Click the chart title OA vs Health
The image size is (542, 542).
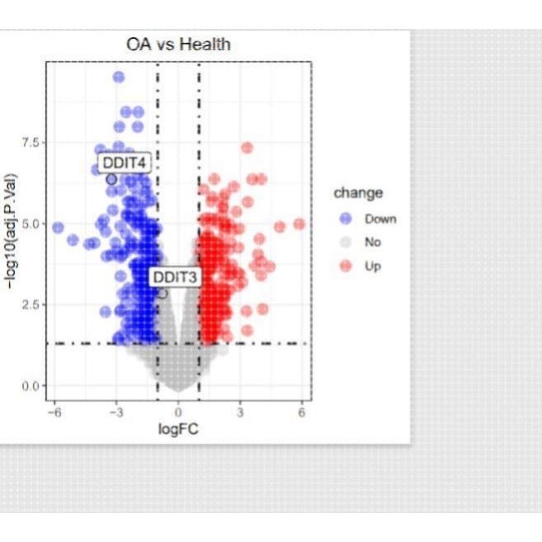[x=178, y=45]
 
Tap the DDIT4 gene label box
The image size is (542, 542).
[x=125, y=163]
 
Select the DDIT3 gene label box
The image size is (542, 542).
[x=175, y=277]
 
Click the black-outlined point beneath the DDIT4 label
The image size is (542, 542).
[x=111, y=179]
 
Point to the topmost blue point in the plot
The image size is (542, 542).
[x=119, y=77]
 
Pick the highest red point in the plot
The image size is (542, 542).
[x=247, y=148]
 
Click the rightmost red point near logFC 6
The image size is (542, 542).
[x=299, y=224]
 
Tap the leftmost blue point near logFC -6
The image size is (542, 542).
[x=58, y=228]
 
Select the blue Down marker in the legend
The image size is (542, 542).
[x=346, y=219]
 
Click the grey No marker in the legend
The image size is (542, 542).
[x=346, y=243]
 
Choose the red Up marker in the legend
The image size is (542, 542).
[x=346, y=266]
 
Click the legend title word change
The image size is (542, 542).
[x=359, y=193]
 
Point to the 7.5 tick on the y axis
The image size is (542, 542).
[x=31, y=143]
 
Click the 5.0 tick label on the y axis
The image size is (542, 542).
[x=31, y=224]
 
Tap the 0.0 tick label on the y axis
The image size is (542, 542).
[x=31, y=386]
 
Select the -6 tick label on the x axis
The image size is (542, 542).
[x=54, y=412]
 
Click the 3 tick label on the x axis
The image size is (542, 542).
[x=240, y=412]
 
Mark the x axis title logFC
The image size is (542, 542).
[x=178, y=429]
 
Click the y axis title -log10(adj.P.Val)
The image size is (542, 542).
[x=11, y=231]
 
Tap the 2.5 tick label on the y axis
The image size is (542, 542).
[x=31, y=304]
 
